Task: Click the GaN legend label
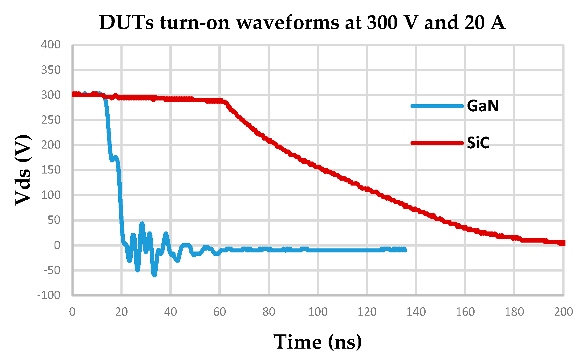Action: (483, 106)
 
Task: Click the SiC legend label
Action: (478, 143)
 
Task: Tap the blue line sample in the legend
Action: (437, 106)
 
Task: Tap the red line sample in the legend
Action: (437, 143)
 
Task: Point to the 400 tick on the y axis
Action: (51, 45)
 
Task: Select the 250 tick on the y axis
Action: (51, 120)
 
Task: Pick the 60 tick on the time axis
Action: (220, 312)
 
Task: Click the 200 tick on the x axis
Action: (563, 312)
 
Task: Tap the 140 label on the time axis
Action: (416, 312)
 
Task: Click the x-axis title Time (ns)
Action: (318, 342)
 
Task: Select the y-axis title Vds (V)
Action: (23, 170)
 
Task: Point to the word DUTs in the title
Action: (127, 22)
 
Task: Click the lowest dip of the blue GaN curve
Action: (154, 275)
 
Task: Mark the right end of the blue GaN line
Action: (405, 250)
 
